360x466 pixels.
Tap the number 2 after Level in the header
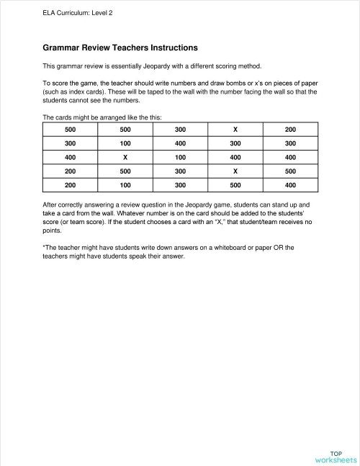110,12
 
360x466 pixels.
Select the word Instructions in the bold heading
168,48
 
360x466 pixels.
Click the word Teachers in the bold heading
119,48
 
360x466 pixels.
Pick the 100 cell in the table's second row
125,143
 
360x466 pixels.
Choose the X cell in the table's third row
125,157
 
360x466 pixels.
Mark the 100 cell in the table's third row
180,157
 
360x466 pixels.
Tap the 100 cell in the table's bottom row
125,186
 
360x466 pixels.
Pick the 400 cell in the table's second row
180,143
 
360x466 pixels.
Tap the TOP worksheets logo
336,455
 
